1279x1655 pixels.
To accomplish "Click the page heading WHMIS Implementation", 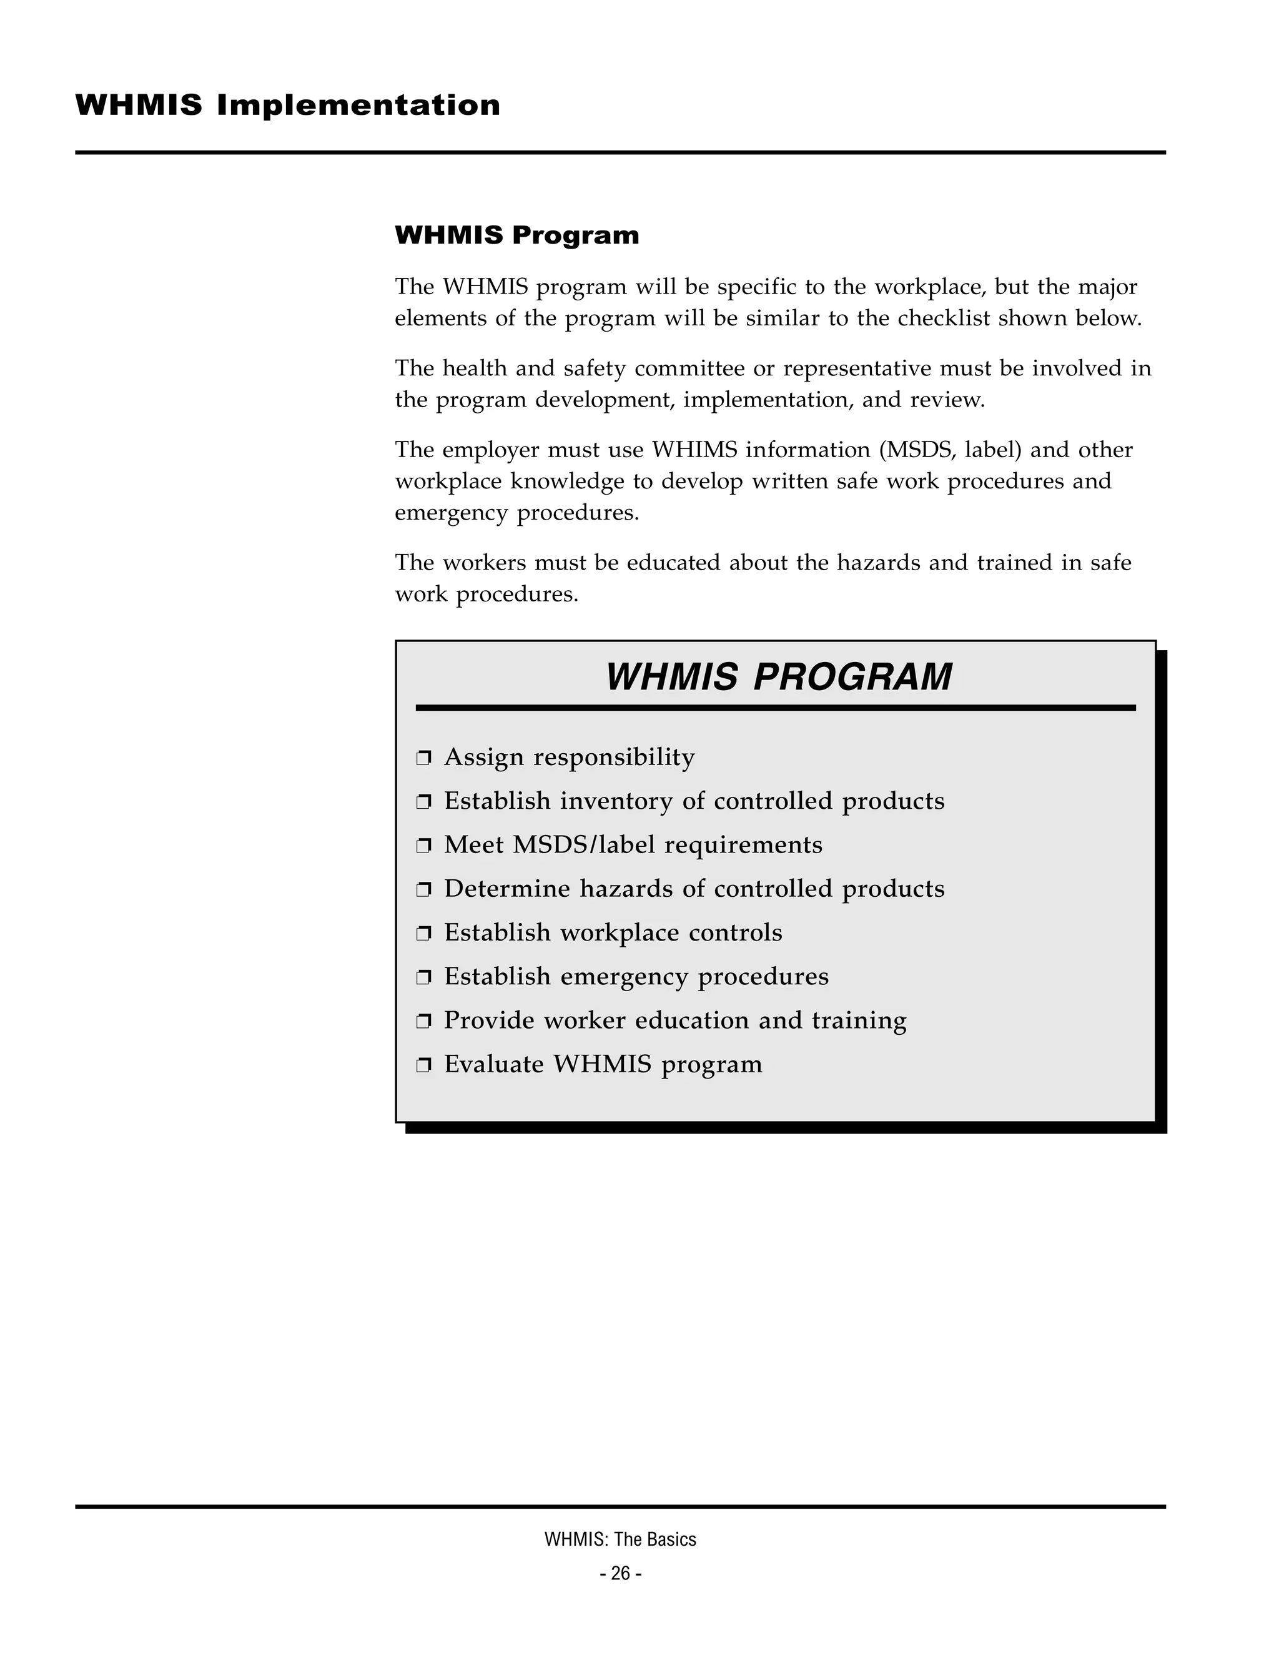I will click(288, 106).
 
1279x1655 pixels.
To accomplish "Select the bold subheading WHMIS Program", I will click(516, 235).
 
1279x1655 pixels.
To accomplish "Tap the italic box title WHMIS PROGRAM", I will click(778, 677).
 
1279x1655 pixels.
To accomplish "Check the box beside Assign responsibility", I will click(423, 758).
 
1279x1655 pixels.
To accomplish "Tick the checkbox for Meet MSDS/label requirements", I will click(423, 846).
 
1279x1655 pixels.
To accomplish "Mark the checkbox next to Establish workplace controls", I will click(423, 934).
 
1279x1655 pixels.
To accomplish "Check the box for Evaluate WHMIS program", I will click(423, 1065).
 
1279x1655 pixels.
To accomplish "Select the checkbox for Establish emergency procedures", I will click(423, 977).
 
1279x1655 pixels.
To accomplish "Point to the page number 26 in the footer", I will click(621, 1574).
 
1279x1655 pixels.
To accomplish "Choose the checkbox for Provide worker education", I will click(423, 1022).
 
